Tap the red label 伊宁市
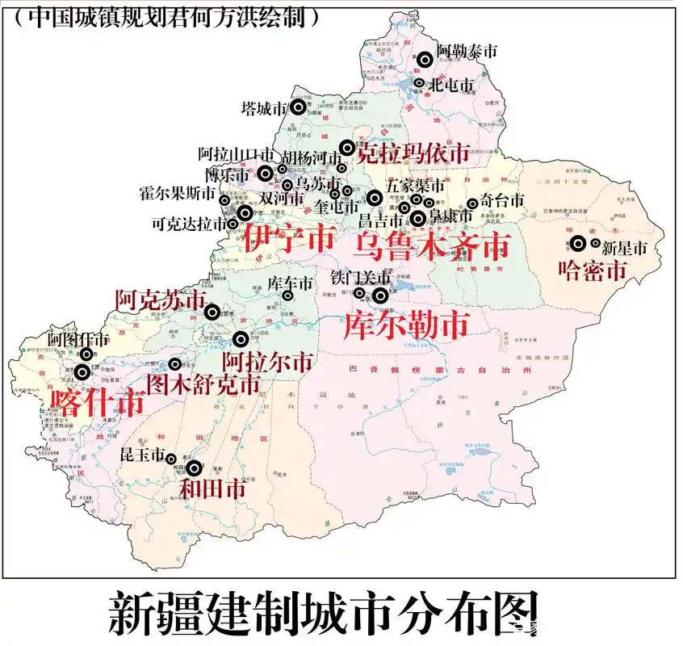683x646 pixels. click(x=279, y=237)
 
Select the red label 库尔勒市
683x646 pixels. click(x=405, y=325)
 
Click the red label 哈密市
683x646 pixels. click(x=593, y=271)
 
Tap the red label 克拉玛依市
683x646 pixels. click(x=413, y=153)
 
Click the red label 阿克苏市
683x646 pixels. click(x=161, y=300)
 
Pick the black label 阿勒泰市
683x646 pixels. click(x=467, y=51)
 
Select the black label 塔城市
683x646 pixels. click(x=265, y=107)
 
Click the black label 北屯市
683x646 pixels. click(x=451, y=83)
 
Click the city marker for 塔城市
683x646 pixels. click(x=299, y=107)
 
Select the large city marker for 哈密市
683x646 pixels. click(x=579, y=241)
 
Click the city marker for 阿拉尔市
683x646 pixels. click(x=240, y=339)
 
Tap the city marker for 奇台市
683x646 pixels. click(x=472, y=204)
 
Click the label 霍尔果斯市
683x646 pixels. click(x=177, y=195)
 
